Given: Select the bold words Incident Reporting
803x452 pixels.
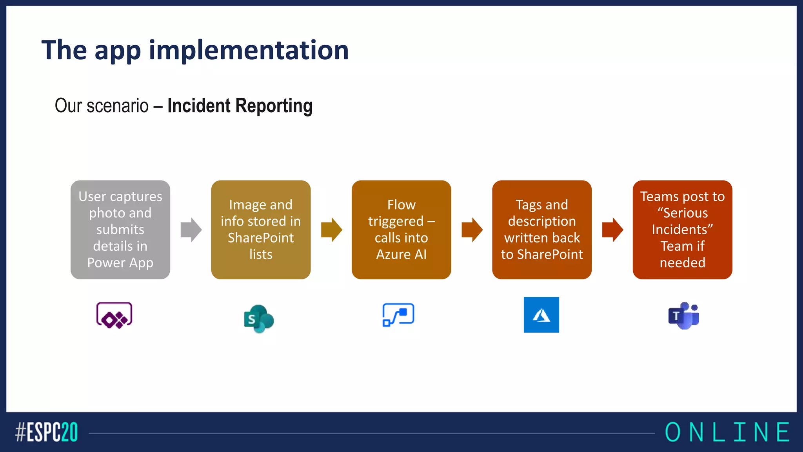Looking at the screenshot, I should point(240,106).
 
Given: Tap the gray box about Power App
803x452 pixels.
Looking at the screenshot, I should point(120,230).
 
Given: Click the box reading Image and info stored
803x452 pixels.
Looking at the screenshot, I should point(261,230).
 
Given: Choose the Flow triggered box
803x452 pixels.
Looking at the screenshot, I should point(401,230).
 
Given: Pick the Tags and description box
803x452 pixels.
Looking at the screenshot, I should point(541,230).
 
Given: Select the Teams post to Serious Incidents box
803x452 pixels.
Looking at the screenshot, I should point(682,230).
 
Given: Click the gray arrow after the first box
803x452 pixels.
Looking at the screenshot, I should point(191,230).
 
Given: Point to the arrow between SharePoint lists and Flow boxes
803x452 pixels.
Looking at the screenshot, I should point(331,230).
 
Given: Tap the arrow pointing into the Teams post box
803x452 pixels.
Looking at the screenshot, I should point(612,230).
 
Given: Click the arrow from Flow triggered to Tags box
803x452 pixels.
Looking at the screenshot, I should point(472,230).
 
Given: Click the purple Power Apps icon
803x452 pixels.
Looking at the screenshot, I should point(114,315).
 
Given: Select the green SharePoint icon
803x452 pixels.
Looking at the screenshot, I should point(259,319).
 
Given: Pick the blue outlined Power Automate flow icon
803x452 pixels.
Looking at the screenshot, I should point(398,315).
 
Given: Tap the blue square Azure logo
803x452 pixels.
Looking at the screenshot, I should point(541,315).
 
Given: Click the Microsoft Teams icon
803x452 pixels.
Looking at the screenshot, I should point(684,315).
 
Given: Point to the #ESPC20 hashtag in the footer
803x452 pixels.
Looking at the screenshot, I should point(46,432).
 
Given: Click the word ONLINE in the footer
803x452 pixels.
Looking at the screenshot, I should point(727,432).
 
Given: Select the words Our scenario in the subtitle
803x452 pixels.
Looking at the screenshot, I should point(102,106).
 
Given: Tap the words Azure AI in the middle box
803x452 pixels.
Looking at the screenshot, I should point(401,254).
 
